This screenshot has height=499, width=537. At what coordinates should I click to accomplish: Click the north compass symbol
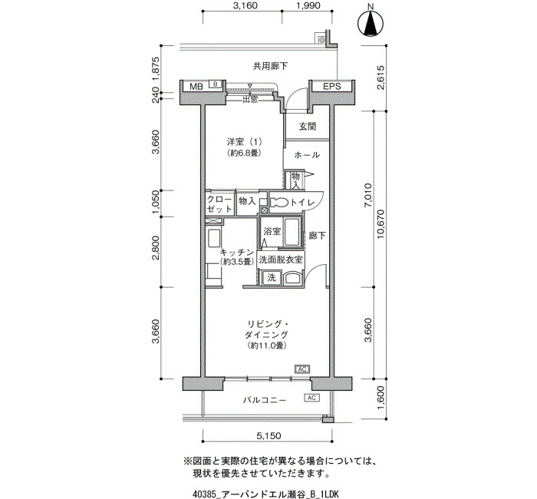(371, 23)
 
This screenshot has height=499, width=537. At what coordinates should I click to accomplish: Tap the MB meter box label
(196, 87)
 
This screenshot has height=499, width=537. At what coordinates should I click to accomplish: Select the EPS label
(332, 86)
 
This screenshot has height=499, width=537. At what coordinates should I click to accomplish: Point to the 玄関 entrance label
(307, 127)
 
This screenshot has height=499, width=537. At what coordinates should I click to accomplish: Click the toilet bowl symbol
(278, 203)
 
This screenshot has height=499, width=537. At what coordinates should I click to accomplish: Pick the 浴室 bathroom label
(272, 231)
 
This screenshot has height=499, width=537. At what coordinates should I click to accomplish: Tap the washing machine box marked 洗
(272, 277)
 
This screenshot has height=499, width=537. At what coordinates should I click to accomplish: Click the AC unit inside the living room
(302, 369)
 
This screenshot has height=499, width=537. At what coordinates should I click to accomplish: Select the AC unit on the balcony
(311, 398)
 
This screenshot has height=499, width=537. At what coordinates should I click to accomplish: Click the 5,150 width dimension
(268, 435)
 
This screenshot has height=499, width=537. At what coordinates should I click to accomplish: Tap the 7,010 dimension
(368, 195)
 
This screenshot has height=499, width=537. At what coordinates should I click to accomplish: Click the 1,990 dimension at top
(308, 5)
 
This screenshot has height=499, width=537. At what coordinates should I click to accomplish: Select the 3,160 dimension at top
(245, 5)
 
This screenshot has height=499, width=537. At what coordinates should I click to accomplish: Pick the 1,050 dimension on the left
(156, 203)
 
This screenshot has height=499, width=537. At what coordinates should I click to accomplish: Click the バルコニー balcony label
(265, 400)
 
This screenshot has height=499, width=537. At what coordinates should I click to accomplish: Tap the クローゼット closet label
(219, 205)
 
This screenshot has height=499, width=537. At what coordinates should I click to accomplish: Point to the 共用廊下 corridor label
(270, 66)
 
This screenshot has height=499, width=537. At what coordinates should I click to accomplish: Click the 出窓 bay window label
(250, 99)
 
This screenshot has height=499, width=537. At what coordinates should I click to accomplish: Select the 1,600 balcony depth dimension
(381, 398)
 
